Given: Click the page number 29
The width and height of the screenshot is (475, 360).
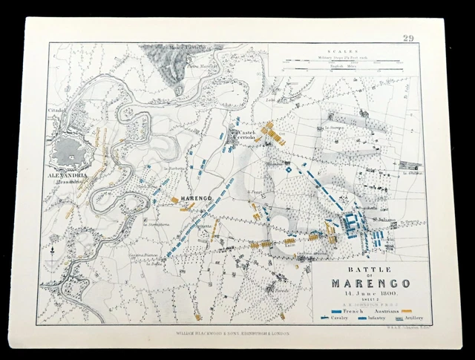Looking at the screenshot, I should [408, 39].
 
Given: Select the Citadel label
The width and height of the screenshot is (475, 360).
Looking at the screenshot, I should [58, 110].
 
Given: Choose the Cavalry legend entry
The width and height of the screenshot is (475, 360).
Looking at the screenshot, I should [334, 318].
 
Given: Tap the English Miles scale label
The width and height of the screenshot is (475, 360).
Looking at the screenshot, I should [345, 68].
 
